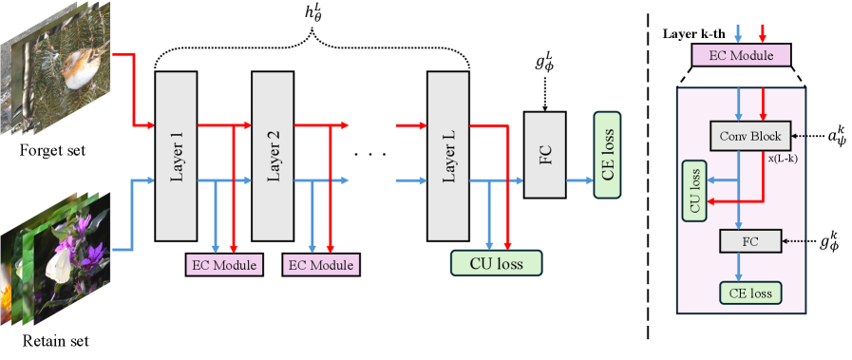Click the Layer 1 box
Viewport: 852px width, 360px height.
(x=176, y=156)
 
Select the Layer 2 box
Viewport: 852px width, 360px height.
(x=272, y=156)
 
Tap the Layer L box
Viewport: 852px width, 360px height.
(x=448, y=156)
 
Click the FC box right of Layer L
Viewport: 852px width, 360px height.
(x=544, y=155)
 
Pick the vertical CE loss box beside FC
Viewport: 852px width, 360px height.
(x=607, y=154)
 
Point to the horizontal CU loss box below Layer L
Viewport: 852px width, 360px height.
(x=496, y=261)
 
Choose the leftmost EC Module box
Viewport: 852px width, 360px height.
(x=222, y=265)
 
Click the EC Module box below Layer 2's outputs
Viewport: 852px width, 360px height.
(x=320, y=265)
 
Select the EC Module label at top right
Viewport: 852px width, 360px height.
(x=741, y=55)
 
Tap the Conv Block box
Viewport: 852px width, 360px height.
(x=749, y=136)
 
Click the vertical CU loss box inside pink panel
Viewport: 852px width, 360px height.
(x=695, y=190)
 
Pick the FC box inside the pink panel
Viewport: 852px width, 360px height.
(x=749, y=242)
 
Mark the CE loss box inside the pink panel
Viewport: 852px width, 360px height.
(x=749, y=293)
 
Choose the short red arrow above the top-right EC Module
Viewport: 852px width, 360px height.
(x=762, y=31)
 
